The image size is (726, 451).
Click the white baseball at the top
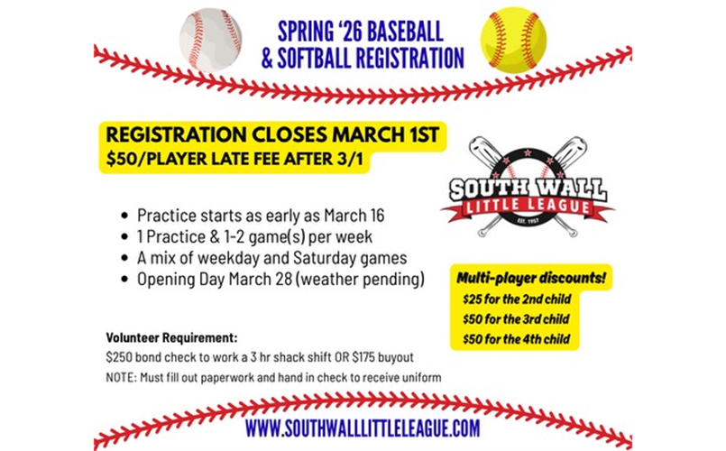[211, 39]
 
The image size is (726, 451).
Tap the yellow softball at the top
[513, 39]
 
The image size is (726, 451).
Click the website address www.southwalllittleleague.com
[363, 428]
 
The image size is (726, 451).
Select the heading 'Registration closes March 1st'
[272, 135]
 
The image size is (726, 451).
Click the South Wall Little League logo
[528, 188]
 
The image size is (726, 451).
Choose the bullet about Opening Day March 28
[280, 280]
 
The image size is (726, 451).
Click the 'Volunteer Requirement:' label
[172, 339]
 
